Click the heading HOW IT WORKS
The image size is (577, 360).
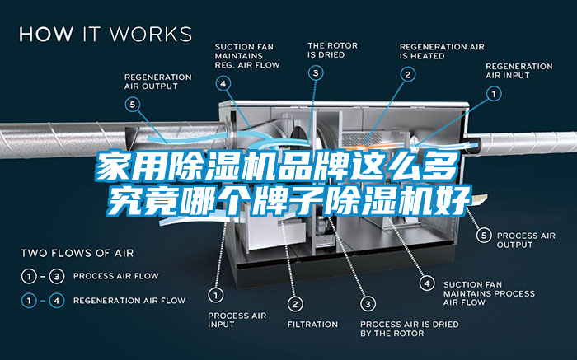click(106, 34)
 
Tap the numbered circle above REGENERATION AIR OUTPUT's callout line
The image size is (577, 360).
click(134, 105)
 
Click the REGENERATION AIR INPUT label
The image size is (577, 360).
click(519, 70)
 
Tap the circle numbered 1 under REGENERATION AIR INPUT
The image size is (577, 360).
click(494, 94)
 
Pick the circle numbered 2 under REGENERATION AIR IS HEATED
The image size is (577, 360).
click(407, 74)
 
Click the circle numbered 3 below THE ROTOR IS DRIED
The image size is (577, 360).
click(316, 73)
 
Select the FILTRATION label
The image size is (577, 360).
click(312, 324)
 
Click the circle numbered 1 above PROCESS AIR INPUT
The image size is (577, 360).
click(216, 293)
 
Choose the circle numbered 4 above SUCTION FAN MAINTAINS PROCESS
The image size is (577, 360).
click(426, 283)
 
